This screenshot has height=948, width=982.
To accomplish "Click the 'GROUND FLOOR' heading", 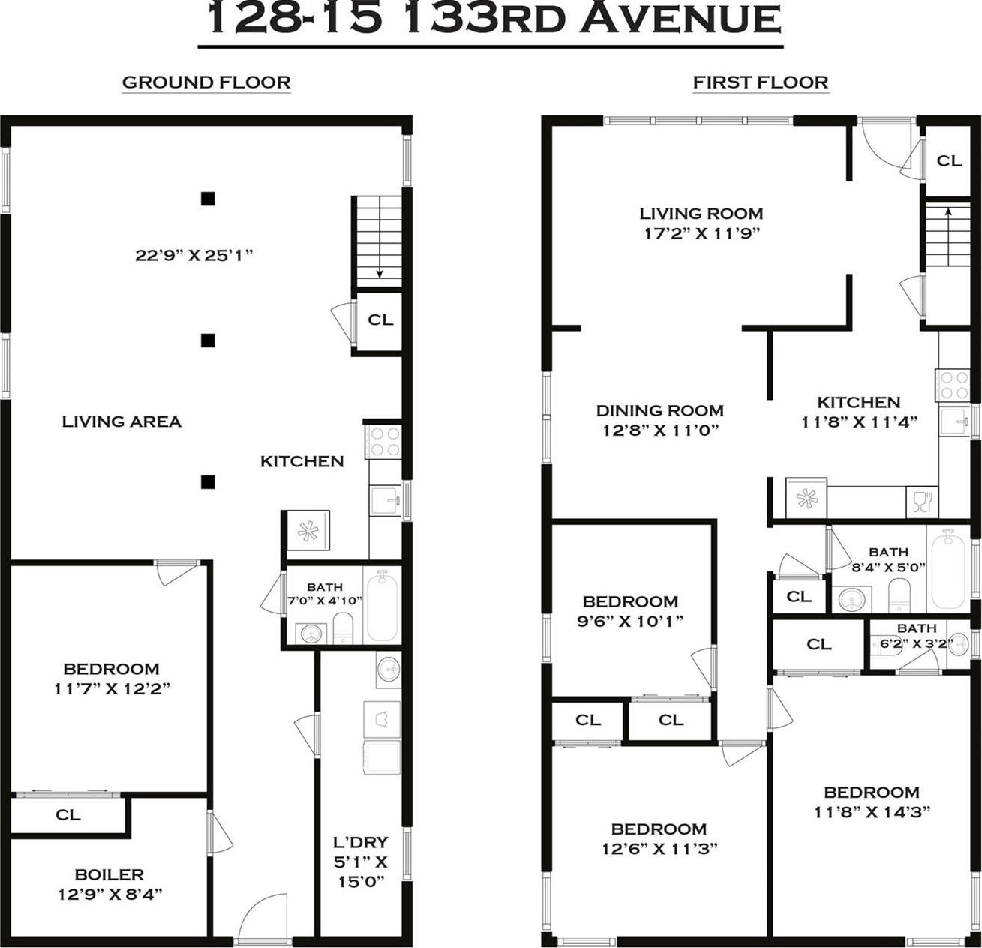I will (206, 82).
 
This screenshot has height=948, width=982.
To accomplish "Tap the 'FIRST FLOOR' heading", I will (760, 82).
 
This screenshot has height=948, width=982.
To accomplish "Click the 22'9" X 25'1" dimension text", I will (194, 255).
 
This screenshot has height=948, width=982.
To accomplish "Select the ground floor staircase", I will (378, 240).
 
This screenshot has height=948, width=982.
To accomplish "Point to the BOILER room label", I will (110, 874).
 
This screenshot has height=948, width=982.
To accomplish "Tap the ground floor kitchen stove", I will (383, 441).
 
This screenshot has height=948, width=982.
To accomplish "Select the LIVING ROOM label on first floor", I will (701, 214).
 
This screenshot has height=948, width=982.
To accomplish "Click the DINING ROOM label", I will (659, 411).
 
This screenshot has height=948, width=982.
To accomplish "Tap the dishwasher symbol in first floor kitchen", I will (922, 501).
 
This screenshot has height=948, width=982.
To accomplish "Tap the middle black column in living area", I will (208, 340).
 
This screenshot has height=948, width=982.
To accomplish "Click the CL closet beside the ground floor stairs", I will (380, 319).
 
